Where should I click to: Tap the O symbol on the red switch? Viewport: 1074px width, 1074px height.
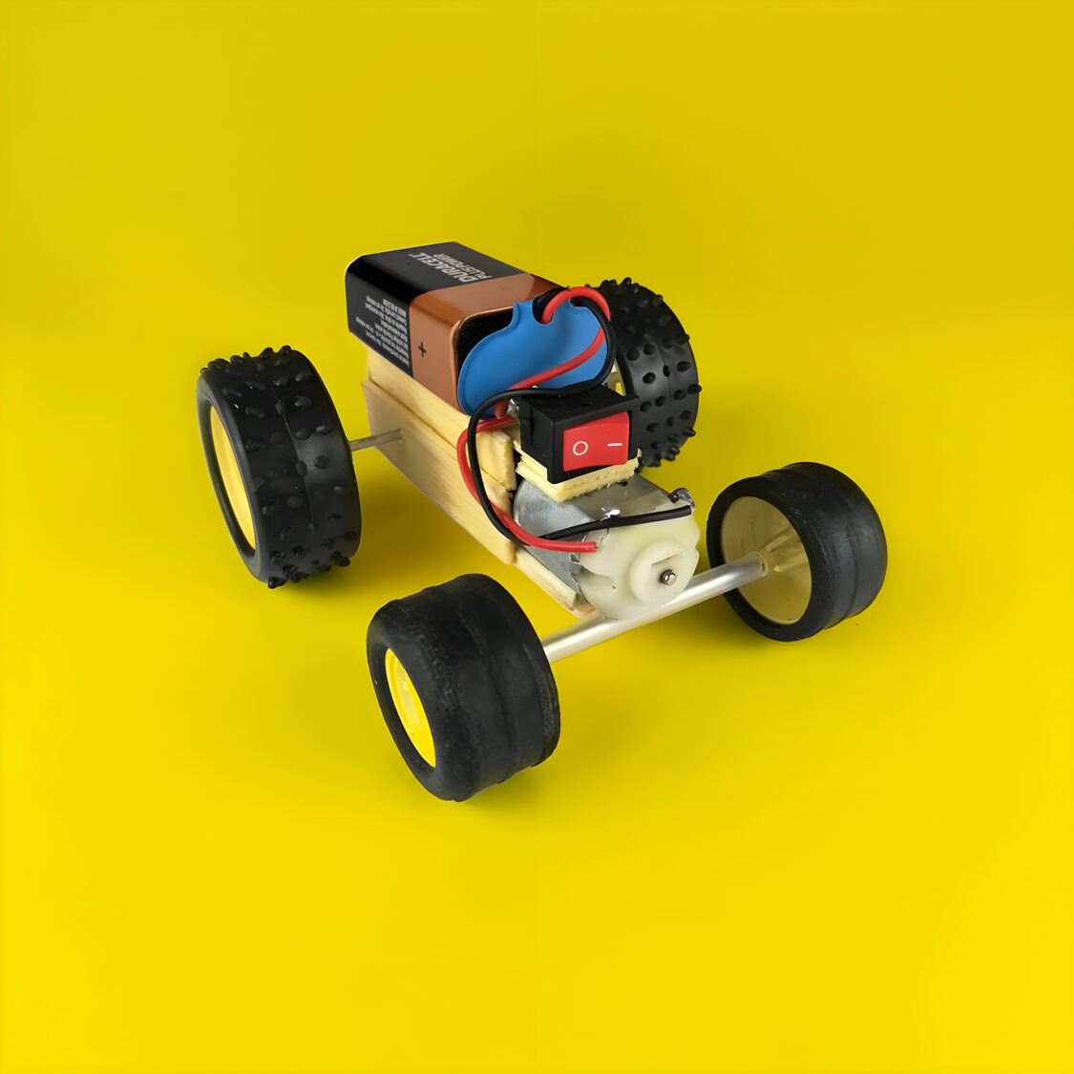point(579,449)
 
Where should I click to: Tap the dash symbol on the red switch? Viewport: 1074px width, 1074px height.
point(616,443)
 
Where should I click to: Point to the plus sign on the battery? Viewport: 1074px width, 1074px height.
point(421,350)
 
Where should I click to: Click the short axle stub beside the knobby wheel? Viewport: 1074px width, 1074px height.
point(375,441)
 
